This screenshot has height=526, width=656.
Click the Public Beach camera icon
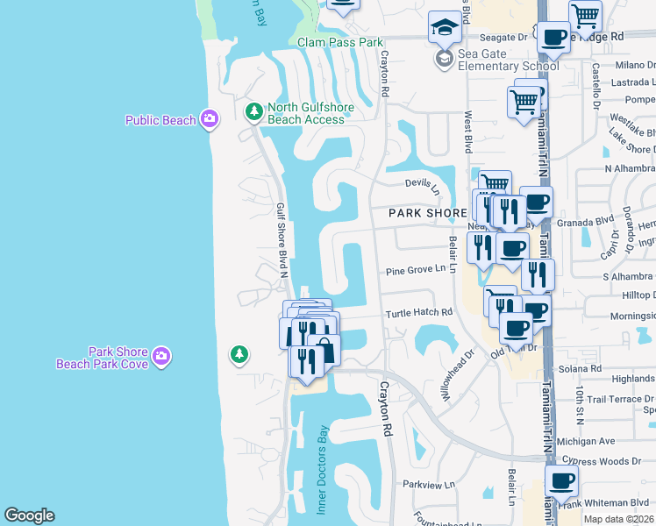209,119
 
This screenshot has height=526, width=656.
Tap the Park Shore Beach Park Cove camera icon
160,356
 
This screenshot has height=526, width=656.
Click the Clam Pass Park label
340,42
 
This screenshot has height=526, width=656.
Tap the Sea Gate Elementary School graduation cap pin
445,30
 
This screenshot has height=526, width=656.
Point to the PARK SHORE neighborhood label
428,213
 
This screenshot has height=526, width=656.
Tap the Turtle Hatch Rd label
419,312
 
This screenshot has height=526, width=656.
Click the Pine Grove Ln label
416,270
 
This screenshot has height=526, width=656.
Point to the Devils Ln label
422,183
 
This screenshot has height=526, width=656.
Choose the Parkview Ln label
429,484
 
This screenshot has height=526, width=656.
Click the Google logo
29,515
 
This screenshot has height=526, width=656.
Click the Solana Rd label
584,369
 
